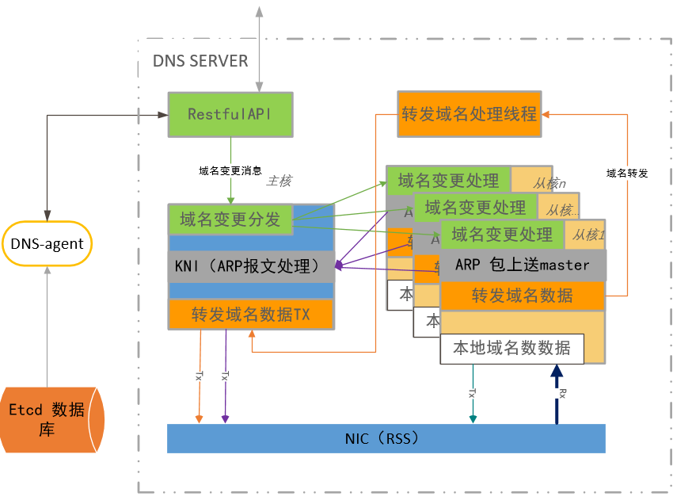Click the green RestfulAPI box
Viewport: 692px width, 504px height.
(x=230, y=114)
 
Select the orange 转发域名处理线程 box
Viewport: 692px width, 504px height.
(x=469, y=114)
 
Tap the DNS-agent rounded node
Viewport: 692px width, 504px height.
(x=48, y=243)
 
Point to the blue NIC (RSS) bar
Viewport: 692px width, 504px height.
(x=386, y=438)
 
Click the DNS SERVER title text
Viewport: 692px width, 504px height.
(x=200, y=61)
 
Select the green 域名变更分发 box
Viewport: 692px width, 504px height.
(x=230, y=220)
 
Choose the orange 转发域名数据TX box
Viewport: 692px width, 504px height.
(x=251, y=315)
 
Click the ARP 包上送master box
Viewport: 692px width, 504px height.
(x=523, y=265)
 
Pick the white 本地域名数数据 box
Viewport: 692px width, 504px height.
(x=511, y=348)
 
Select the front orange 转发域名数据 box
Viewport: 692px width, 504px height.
(x=523, y=296)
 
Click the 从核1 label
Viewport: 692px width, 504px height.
(x=588, y=235)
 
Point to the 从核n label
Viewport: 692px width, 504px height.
(x=548, y=183)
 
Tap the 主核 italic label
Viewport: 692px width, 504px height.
(x=279, y=181)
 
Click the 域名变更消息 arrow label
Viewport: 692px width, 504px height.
(x=230, y=170)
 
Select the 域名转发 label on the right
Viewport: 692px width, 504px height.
(x=627, y=173)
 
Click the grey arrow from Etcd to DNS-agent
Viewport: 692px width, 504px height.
(x=48, y=325)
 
